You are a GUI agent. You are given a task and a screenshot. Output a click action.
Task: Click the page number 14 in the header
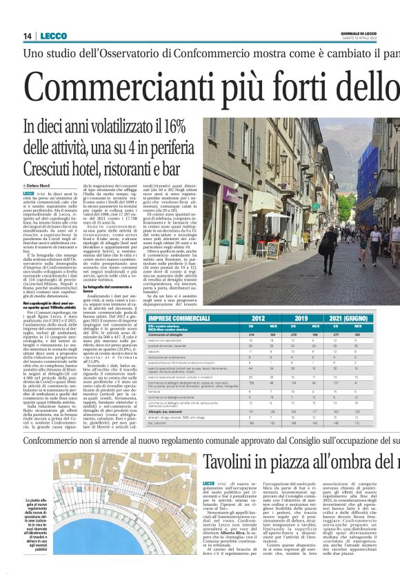tap(28, 36)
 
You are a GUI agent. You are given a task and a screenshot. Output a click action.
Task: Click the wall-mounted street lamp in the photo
tap(283, 157)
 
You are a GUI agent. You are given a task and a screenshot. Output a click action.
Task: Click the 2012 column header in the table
tap(259, 319)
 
